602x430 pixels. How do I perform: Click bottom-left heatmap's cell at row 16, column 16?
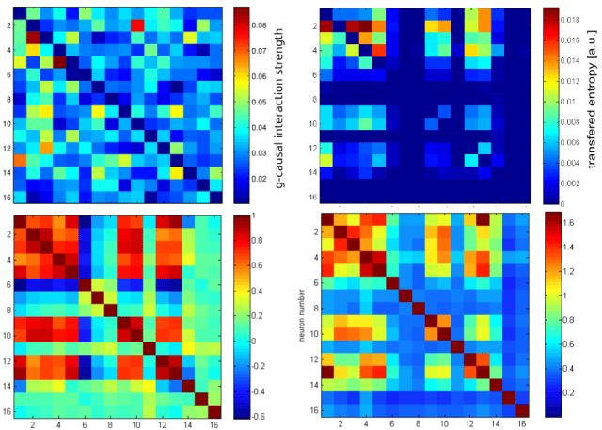tap(214, 410)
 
